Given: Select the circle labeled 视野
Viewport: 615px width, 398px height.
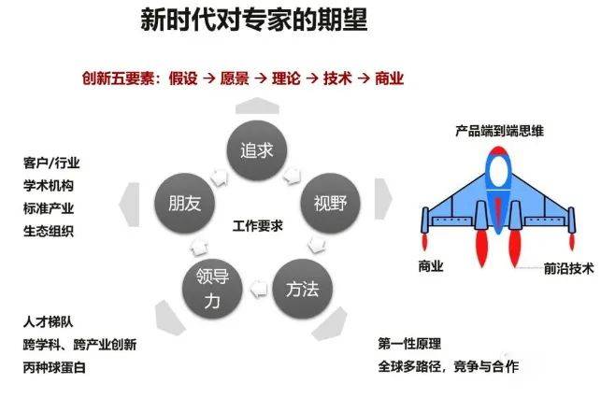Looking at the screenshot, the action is pos(324,203).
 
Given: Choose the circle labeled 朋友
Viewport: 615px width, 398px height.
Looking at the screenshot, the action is pos(185,203).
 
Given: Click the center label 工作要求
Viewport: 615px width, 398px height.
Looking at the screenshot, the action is pos(257,226).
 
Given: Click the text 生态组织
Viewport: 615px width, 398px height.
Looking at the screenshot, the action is pos(49,231).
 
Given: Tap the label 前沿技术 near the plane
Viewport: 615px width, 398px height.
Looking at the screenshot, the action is pos(568,266).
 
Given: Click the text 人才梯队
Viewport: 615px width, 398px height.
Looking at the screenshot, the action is pos(49,322).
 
